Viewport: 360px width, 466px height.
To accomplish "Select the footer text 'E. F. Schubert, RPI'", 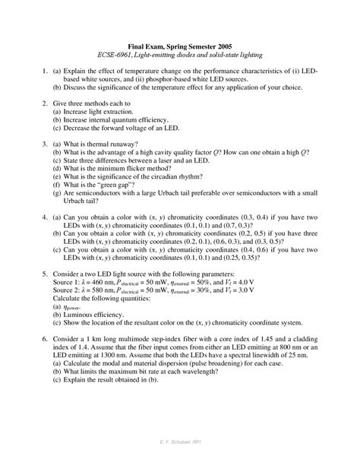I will point(180,460).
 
